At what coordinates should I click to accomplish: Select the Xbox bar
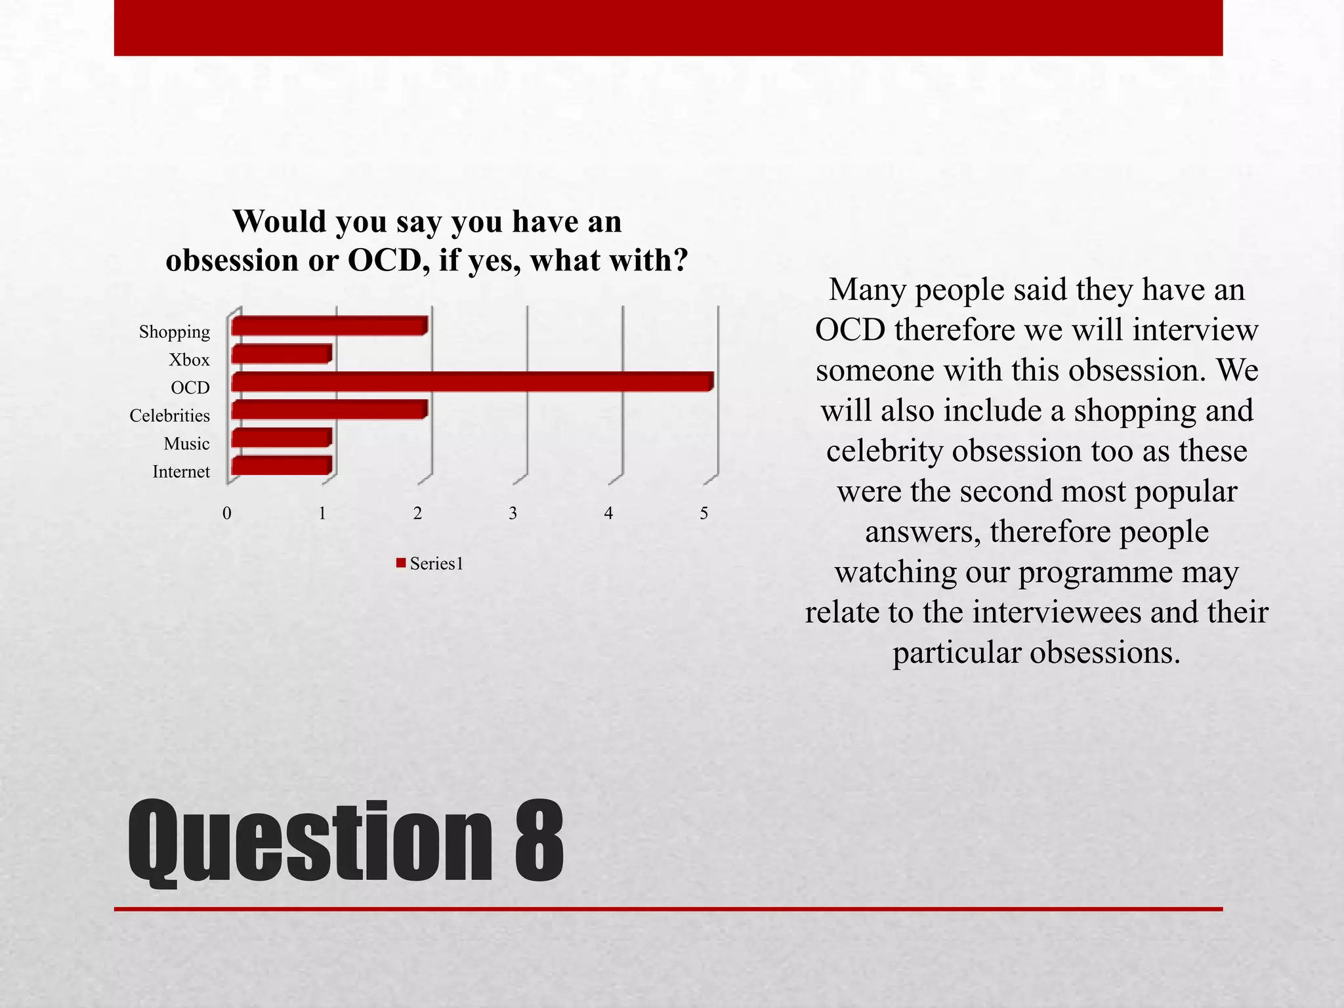282,354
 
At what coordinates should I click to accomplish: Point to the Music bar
282,438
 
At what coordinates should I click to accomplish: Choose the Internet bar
282,466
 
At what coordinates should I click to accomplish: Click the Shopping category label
175,332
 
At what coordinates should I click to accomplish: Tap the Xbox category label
189,360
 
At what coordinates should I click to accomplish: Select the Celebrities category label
170,416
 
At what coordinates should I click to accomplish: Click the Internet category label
181,472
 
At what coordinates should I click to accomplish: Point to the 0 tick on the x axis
227,513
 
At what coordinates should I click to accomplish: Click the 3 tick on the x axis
513,513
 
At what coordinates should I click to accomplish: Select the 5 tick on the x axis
704,513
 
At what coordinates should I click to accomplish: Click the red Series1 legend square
401,563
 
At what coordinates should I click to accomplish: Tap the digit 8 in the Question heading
539,842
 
